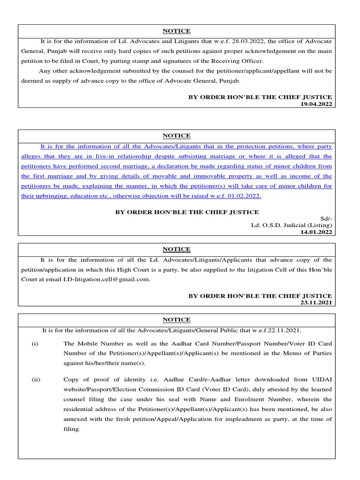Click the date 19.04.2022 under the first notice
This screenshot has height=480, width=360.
tap(316, 104)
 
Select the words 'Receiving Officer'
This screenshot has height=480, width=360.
tap(239, 61)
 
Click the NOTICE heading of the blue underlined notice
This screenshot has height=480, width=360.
tap(176, 135)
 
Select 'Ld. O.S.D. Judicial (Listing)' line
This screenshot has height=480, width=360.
tap(292, 225)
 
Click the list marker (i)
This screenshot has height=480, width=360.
tap(35, 344)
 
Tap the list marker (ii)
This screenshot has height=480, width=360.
tap(36, 380)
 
